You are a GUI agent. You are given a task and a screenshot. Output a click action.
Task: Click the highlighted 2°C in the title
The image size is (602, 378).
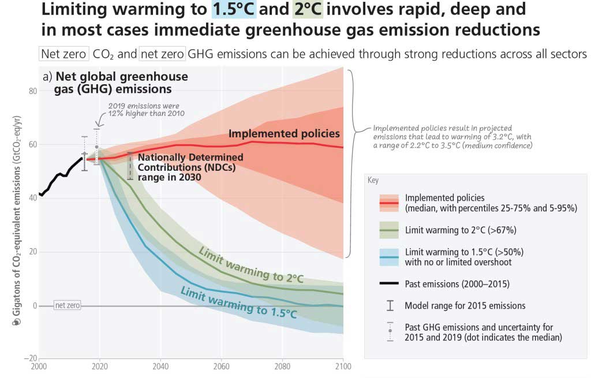point(309,10)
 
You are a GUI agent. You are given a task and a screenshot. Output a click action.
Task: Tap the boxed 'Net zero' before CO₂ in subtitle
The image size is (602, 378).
point(63,54)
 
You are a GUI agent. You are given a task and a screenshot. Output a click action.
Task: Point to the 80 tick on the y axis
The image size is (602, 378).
point(32,91)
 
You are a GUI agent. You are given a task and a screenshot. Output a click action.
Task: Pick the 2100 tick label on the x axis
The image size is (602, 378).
point(342,366)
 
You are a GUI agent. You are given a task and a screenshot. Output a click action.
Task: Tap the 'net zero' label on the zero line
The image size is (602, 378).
point(67,305)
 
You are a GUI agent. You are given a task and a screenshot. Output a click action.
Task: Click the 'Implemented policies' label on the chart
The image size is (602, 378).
point(284,133)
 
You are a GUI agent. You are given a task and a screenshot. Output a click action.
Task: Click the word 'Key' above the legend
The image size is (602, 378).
point(373,180)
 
